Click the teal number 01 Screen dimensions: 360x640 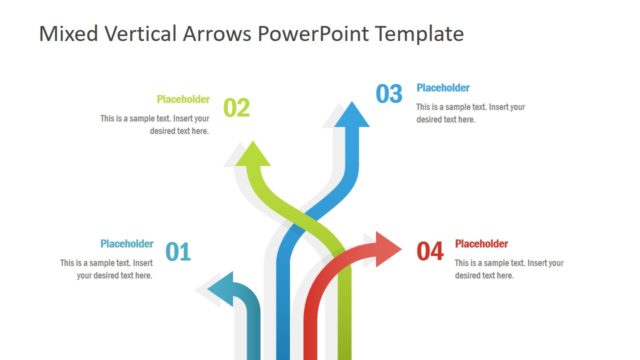tap(177, 252)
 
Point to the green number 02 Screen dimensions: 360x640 tap(236, 108)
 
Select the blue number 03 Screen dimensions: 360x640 tap(389, 94)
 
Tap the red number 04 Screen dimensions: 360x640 tap(429, 252)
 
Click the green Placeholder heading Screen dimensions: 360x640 tap(183, 99)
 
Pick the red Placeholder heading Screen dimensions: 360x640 tap(481, 243)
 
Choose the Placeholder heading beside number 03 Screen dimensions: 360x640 tap(442, 88)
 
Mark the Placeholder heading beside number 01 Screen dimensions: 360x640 tap(126, 243)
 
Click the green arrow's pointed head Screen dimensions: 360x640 tap(253, 154)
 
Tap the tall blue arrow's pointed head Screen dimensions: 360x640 tap(350, 113)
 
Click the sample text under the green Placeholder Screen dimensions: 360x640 tap(155, 124)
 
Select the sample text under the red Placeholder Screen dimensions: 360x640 tap(508, 269)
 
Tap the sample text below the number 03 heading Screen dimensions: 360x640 tap(470, 113)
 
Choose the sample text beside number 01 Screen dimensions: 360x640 tap(106, 269)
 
